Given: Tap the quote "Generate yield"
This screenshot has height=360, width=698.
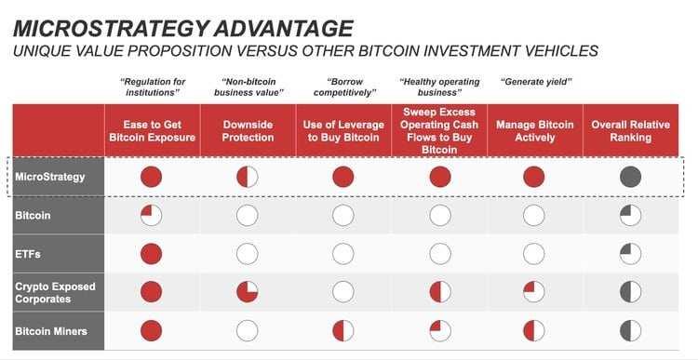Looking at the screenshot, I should (534, 82).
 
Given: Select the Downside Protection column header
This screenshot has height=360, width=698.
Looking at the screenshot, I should (248, 131).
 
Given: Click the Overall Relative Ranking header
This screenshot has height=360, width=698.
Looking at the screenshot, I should (630, 131).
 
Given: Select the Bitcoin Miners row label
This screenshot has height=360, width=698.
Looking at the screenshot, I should (51, 329).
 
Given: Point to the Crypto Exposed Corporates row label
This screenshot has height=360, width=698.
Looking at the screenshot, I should (55, 291).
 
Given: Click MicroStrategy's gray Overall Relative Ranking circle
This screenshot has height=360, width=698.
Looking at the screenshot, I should (630, 177).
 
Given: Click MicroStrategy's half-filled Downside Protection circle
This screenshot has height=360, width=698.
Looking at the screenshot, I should (248, 177).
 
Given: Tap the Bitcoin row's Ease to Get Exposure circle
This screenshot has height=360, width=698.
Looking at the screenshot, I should (151, 216).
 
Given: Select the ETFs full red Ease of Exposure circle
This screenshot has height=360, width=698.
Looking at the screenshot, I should (151, 254).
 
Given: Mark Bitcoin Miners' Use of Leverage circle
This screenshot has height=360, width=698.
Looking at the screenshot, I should (343, 330).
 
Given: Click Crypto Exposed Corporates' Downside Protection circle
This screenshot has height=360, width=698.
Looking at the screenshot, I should (248, 292).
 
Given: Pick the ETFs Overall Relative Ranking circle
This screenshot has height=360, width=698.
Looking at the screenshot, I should (630, 254).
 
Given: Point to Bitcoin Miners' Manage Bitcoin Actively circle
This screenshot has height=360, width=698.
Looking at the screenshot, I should (534, 330).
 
